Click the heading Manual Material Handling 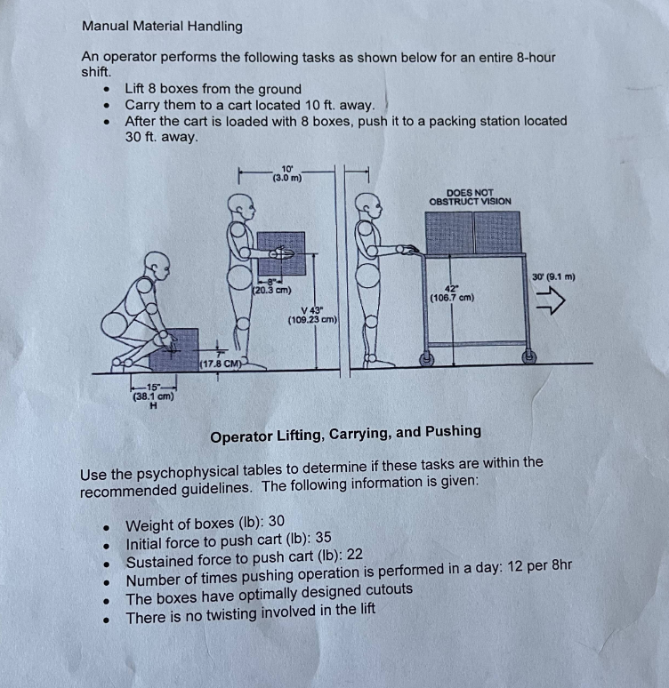[162, 26]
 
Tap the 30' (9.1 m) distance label [552, 277]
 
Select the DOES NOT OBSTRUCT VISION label [470, 196]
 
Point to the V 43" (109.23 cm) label [311, 314]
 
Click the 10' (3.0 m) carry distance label [286, 172]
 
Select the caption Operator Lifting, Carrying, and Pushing [345, 433]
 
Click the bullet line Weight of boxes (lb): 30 [206, 523]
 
